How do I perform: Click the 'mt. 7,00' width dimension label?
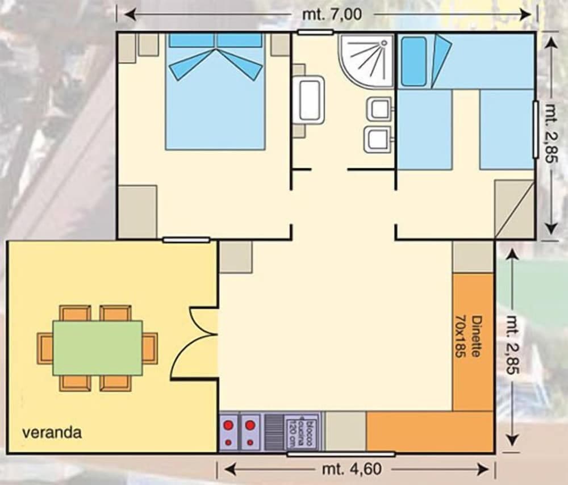click(x=332, y=14)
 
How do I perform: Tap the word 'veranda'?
click(x=52, y=433)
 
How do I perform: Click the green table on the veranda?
click(x=98, y=348)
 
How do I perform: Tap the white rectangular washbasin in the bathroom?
click(x=310, y=100)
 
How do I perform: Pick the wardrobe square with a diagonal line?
click(x=514, y=210)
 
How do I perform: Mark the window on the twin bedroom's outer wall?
click(x=535, y=129)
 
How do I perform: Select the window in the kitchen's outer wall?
click(x=341, y=454)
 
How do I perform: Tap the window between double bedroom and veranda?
click(x=186, y=240)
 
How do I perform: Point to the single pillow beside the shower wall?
click(x=412, y=61)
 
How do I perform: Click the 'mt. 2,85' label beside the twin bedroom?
click(x=552, y=132)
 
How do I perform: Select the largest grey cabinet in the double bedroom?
click(x=137, y=211)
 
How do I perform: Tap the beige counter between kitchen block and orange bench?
click(x=345, y=432)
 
